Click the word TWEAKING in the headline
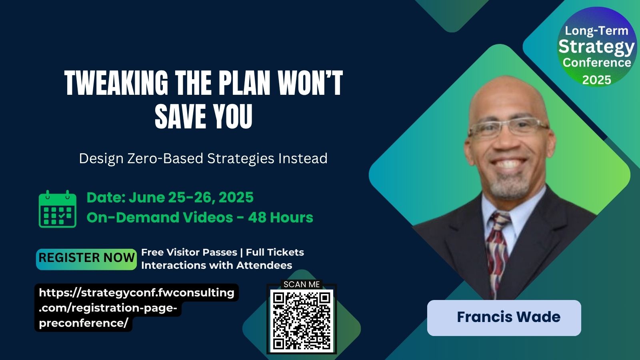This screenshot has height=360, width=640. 116,83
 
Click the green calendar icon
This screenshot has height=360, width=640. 58,209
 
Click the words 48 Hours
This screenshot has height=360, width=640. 280,218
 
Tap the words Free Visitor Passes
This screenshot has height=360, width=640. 189,252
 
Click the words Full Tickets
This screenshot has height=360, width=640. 275,252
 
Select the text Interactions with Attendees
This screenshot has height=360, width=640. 216,266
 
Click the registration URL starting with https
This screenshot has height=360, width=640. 136,308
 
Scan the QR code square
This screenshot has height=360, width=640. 302,321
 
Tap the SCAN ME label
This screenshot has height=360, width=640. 302,284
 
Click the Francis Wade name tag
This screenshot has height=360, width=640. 504,318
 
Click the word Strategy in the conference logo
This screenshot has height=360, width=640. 596,48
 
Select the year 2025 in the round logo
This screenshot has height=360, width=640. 596,80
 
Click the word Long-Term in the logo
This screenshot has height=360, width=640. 596,31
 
